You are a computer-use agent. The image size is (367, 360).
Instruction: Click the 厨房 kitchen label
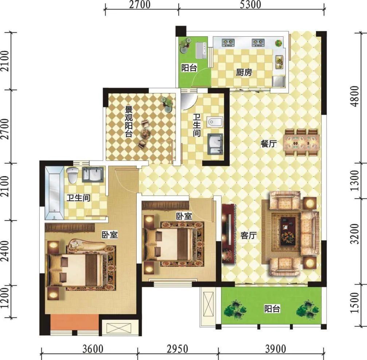click(244, 72)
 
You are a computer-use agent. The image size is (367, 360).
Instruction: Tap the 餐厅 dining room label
click(269, 143)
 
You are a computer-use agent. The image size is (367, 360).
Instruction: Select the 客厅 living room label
click(248, 235)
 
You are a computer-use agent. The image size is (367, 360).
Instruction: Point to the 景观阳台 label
click(129, 122)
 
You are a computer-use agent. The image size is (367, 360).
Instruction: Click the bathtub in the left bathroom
click(55, 193)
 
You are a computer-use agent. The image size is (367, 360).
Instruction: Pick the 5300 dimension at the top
click(250, 5)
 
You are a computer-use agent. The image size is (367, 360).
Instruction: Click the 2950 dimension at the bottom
click(177, 349)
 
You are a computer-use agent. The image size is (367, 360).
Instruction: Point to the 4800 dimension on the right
click(355, 96)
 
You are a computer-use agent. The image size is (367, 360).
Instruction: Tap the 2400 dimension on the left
click(5, 252)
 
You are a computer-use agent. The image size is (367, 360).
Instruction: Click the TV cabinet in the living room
click(229, 234)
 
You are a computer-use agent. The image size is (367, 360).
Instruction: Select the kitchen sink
click(280, 62)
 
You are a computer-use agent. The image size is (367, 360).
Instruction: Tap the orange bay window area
click(74, 322)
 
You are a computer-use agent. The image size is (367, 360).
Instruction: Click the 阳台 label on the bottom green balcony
click(272, 309)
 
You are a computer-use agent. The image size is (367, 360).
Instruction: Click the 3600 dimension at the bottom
click(93, 349)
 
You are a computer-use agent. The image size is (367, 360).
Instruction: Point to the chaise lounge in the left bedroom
click(87, 245)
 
